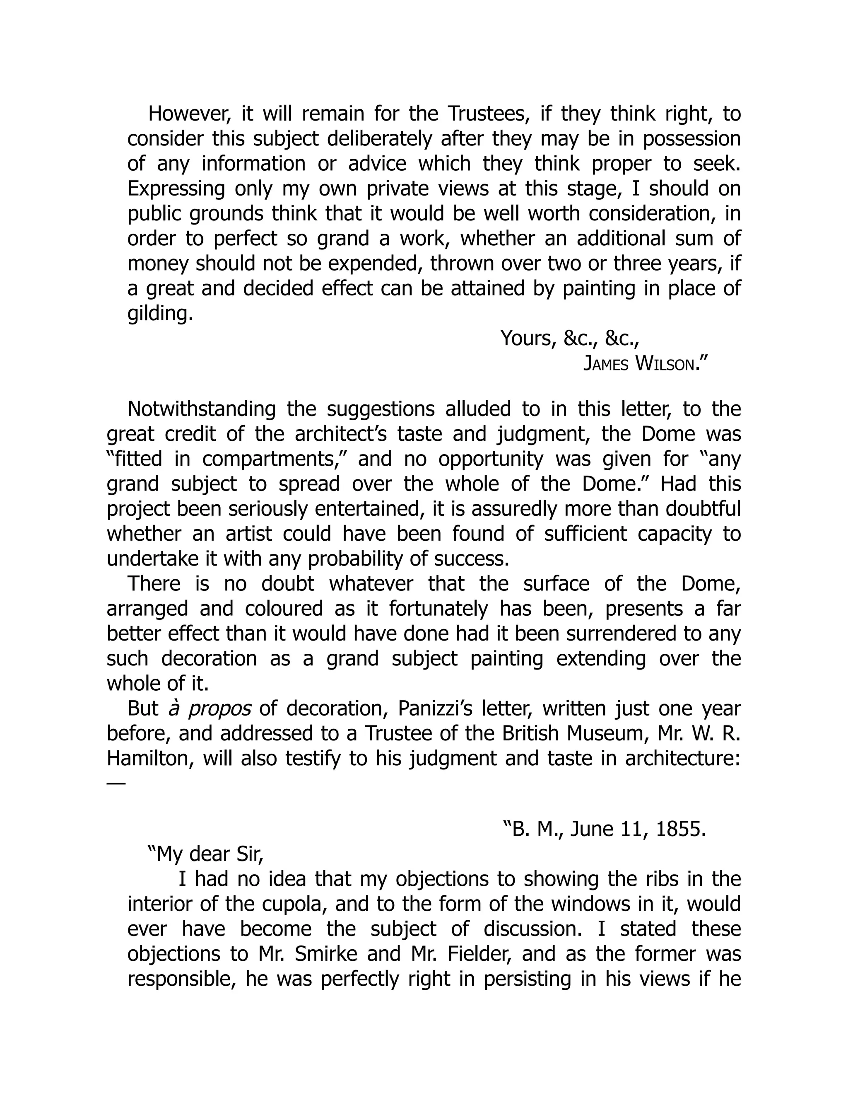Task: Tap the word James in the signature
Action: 605,363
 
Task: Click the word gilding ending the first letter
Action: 160,314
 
